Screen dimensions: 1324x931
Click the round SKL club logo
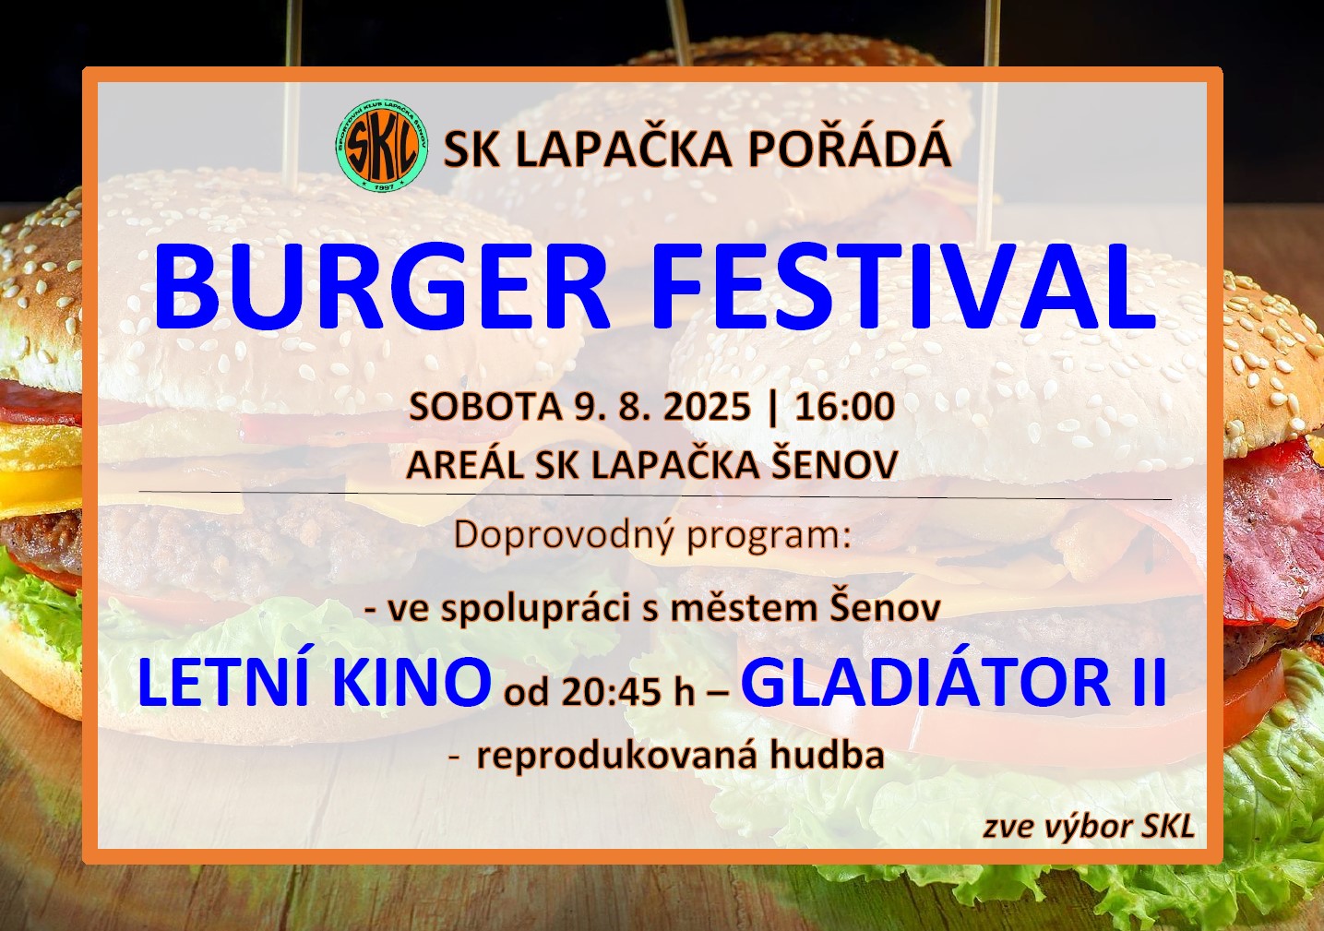coord(382,145)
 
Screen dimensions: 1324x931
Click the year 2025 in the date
coord(707,407)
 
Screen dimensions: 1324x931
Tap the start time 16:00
coord(844,407)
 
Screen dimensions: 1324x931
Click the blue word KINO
coord(411,683)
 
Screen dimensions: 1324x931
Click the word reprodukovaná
coord(616,758)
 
